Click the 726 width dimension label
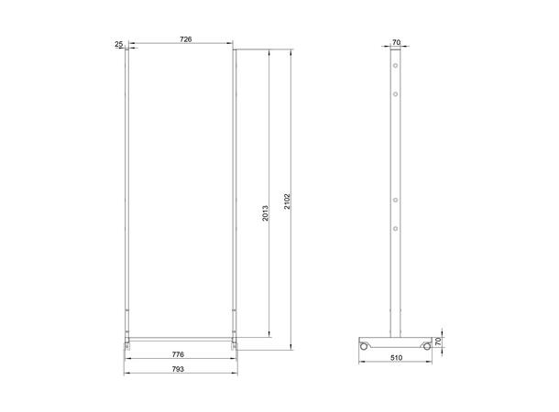coord(185,39)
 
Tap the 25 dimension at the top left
coord(119,43)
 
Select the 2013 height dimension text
coord(264,215)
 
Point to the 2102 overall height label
coord(287,202)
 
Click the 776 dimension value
coord(179,353)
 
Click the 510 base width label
coord(395,359)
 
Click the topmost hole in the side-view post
coord(395,68)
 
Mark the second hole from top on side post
coord(395,92)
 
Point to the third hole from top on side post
coord(395,200)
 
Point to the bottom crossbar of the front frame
coord(180,338)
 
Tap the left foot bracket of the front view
coord(126,343)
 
